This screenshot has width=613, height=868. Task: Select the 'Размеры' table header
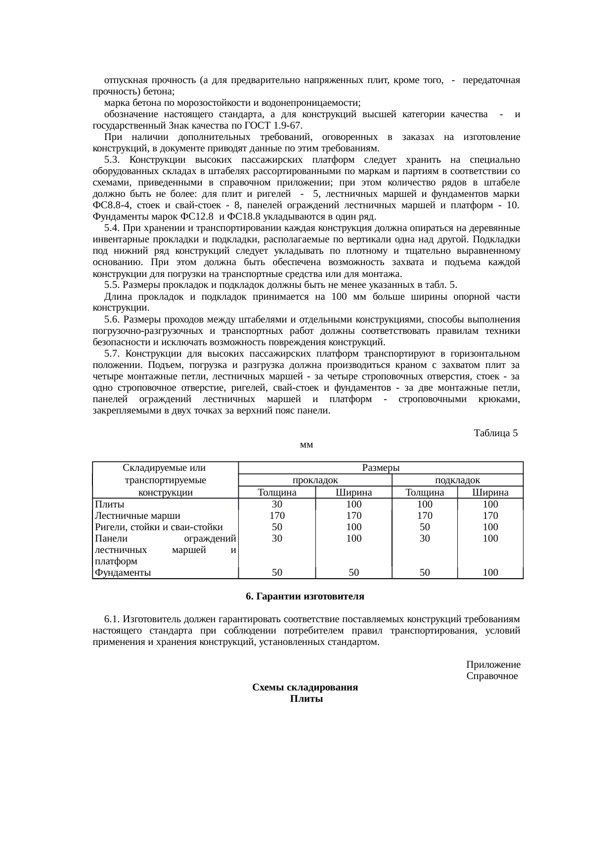[381, 468]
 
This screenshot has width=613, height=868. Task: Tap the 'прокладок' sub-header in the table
[315, 480]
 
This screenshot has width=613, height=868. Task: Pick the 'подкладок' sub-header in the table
[457, 480]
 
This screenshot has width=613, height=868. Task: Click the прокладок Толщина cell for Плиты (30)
[277, 504]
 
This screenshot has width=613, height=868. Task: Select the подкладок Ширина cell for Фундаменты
[490, 573]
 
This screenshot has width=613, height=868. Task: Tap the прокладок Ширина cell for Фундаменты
[353, 573]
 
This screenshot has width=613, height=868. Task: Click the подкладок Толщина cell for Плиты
[425, 504]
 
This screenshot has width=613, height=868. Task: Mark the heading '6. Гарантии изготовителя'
[305, 596]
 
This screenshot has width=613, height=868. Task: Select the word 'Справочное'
[492, 676]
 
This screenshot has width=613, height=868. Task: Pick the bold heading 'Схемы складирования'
[305, 688]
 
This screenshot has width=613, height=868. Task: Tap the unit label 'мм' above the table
[306, 445]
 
